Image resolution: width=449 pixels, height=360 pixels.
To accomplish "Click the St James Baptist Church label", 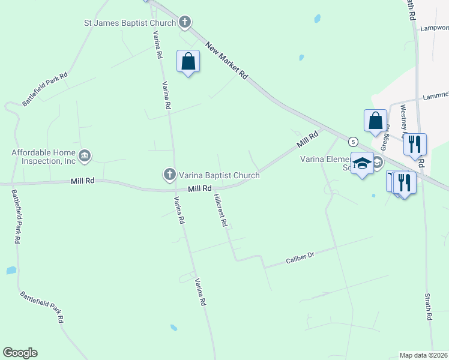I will [129, 23].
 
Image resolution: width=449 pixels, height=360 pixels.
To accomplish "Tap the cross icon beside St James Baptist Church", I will [185, 23].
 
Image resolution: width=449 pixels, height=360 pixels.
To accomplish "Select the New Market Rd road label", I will [226, 61].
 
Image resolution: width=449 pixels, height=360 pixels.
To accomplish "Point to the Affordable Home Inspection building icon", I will [85, 156].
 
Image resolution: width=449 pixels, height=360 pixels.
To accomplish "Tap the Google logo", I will [20, 353].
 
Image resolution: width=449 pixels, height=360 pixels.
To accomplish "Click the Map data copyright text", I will [423, 355].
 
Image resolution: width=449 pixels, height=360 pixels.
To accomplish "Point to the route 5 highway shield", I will [354, 142].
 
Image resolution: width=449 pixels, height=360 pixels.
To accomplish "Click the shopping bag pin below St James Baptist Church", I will [188, 61].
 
